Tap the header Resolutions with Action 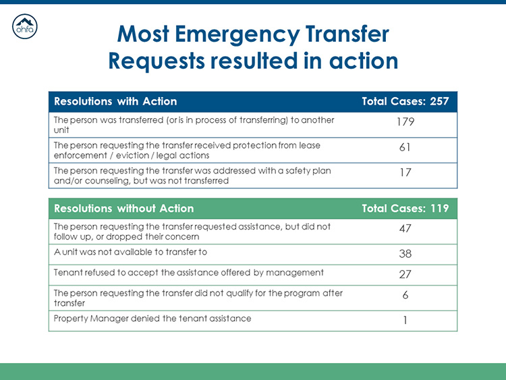(x=115, y=101)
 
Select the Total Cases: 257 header (x=405, y=101)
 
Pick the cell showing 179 (x=405, y=122)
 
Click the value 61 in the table (x=405, y=147)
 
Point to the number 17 (x=405, y=173)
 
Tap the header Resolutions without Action (x=123, y=208)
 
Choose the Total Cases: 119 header (x=405, y=208)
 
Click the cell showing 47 (x=405, y=229)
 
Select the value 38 (x=405, y=254)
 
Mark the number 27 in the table (x=405, y=275)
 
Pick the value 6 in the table (x=405, y=296)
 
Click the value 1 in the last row (x=405, y=321)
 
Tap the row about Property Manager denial (x=152, y=319)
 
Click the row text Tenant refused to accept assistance (x=188, y=273)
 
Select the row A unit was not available (x=130, y=252)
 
